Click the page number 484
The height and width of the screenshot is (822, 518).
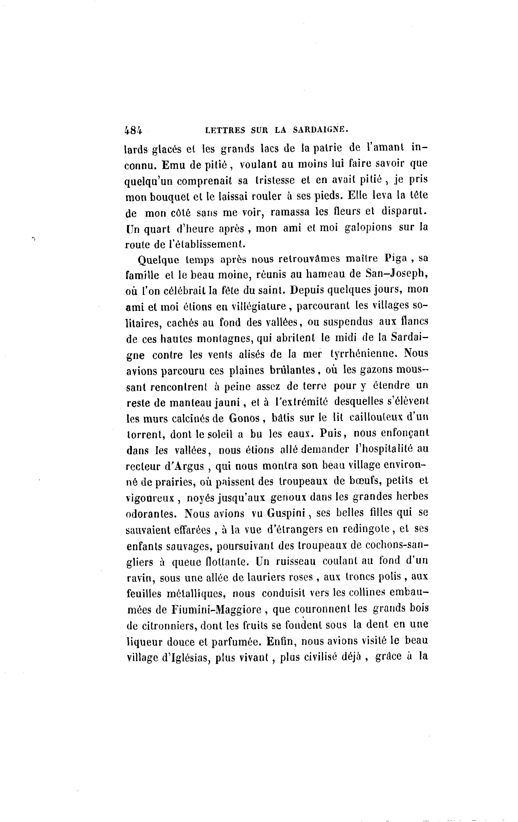133,130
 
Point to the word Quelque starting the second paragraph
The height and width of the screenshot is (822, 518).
158,260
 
